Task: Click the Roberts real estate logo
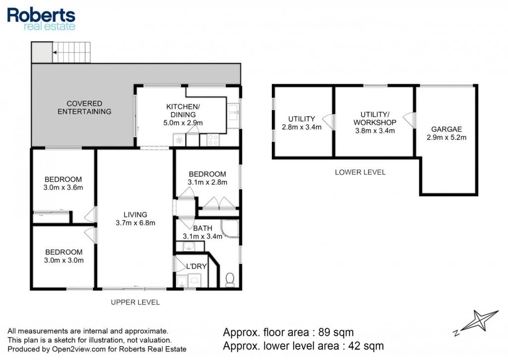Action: tap(41, 19)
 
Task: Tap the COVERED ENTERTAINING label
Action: tap(84, 107)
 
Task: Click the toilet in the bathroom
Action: tap(230, 280)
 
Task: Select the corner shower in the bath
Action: tap(230, 228)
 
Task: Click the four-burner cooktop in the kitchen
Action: tap(213, 140)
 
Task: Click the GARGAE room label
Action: tap(446, 129)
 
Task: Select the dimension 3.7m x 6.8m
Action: tap(135, 223)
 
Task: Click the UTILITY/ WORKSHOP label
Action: tap(375, 118)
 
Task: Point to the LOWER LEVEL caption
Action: tap(360, 172)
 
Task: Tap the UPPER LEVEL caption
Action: tap(135, 302)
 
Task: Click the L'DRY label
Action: tap(196, 266)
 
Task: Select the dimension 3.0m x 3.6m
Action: tap(63, 188)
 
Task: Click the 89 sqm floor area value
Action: tap(336, 332)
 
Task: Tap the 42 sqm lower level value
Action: tap(366, 346)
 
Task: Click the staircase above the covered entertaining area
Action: tap(71, 52)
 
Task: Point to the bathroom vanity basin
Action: tap(189, 247)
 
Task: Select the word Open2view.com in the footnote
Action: tap(78, 349)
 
